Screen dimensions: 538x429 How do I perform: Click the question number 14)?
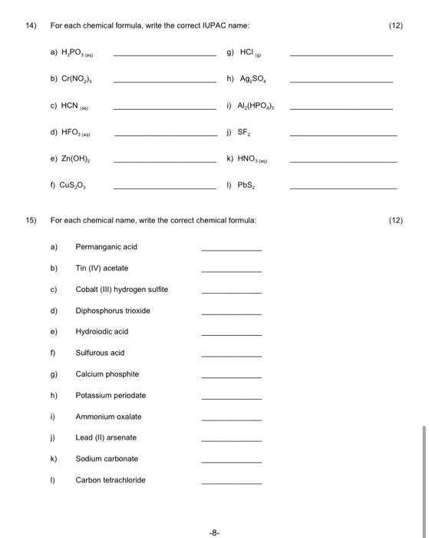31,25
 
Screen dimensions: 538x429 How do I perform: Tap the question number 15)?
31,220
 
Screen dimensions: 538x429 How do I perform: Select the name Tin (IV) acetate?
102,268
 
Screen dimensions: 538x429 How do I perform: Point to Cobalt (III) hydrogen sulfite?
121,289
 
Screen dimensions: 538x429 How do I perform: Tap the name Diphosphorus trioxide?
113,311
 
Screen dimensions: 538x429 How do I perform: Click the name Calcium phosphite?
107,374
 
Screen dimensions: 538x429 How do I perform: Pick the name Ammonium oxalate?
109,416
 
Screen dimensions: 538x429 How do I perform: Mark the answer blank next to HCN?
165,109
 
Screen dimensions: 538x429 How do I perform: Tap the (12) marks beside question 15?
396,220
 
